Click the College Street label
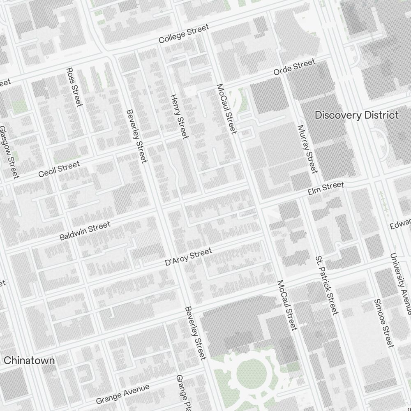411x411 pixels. click(x=184, y=34)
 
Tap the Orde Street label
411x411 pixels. click(x=295, y=67)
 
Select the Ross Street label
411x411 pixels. click(x=74, y=87)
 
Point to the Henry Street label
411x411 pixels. click(x=179, y=116)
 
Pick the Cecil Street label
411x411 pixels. click(x=59, y=169)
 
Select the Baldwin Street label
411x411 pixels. click(x=85, y=231)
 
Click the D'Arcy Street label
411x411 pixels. click(x=188, y=257)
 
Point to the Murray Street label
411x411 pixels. click(x=308, y=149)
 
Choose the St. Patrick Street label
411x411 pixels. click(x=327, y=285)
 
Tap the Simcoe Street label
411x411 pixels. click(x=384, y=323)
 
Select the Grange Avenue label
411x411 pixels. click(x=122, y=393)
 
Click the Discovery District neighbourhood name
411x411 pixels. click(x=356, y=115)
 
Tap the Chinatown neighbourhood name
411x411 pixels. click(x=29, y=360)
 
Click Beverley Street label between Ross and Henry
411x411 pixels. click(x=137, y=136)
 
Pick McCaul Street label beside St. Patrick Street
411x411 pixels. click(x=287, y=305)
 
